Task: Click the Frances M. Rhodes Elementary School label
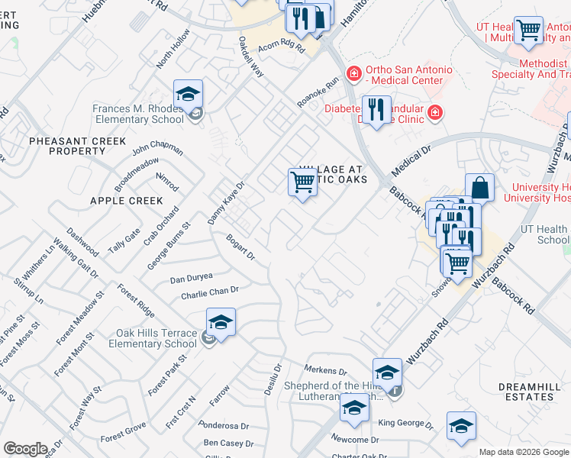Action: point(138,114)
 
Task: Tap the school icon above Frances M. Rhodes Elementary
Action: point(188,95)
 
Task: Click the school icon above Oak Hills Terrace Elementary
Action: point(221,322)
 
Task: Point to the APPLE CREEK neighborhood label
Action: point(127,201)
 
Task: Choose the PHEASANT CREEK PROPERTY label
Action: point(66,146)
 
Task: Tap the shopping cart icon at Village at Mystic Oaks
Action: point(303,182)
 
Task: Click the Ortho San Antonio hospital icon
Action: point(353,74)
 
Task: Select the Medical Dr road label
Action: point(411,161)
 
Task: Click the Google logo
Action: point(25,449)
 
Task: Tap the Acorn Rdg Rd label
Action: point(281,47)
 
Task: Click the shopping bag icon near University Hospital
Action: point(479,188)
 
